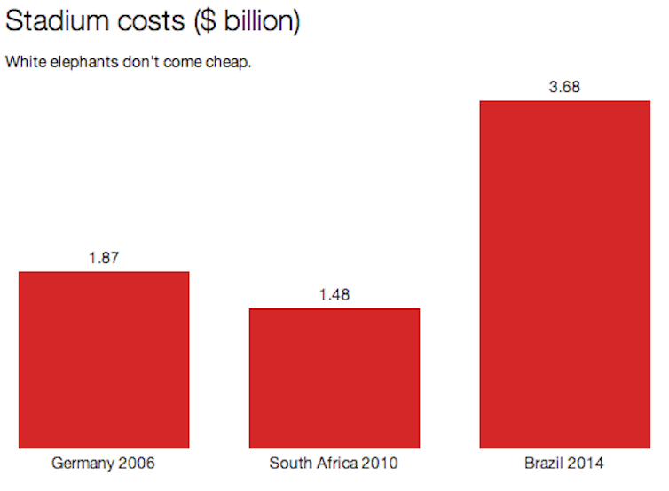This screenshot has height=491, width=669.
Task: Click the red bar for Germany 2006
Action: click(104, 360)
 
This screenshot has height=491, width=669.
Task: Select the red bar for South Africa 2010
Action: click(334, 378)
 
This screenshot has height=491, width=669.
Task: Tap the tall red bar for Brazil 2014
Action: click(565, 275)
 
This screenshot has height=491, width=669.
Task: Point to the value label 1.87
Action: click(104, 258)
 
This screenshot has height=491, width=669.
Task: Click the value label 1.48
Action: click(334, 295)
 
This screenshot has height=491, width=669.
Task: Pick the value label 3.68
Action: click(565, 87)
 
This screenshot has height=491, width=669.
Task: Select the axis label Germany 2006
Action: click(104, 463)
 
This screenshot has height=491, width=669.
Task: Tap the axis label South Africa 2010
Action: click(334, 463)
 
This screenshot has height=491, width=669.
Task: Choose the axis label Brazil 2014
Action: click(565, 463)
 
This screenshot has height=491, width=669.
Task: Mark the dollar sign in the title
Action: click(207, 22)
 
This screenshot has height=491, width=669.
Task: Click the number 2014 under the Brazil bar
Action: click(586, 463)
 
